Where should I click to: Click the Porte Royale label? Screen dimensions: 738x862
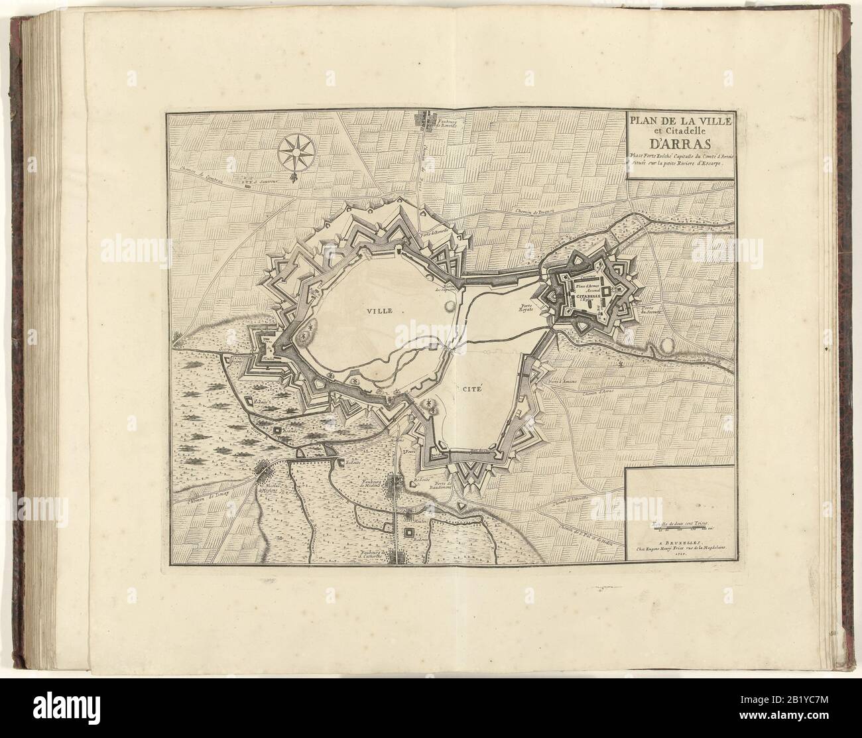528,310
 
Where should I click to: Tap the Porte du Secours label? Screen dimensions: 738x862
648,312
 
